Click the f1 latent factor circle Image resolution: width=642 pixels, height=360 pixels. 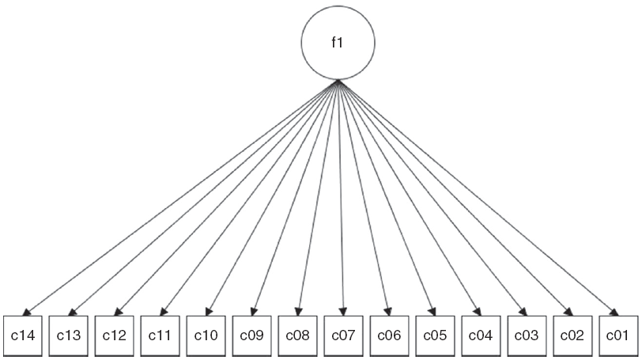pyautogui.click(x=338, y=44)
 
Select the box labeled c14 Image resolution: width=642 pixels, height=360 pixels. pyautogui.click(x=23, y=335)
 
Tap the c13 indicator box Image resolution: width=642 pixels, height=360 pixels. pyautogui.click(x=69, y=335)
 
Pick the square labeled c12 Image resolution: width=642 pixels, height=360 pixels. pyautogui.click(x=115, y=335)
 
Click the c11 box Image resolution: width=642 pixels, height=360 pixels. pyautogui.click(x=160, y=335)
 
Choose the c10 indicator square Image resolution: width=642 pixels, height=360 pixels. pyautogui.click(x=206, y=335)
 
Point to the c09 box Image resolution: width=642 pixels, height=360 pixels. pyautogui.click(x=252, y=335)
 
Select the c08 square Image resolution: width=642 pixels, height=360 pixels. pyautogui.click(x=298, y=335)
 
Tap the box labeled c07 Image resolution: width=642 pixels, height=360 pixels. pyautogui.click(x=344, y=335)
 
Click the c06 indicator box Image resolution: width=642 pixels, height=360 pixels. pyautogui.click(x=390, y=335)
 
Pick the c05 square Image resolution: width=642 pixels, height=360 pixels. pyautogui.click(x=436, y=335)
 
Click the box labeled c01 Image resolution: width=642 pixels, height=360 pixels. pyautogui.click(x=618, y=335)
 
